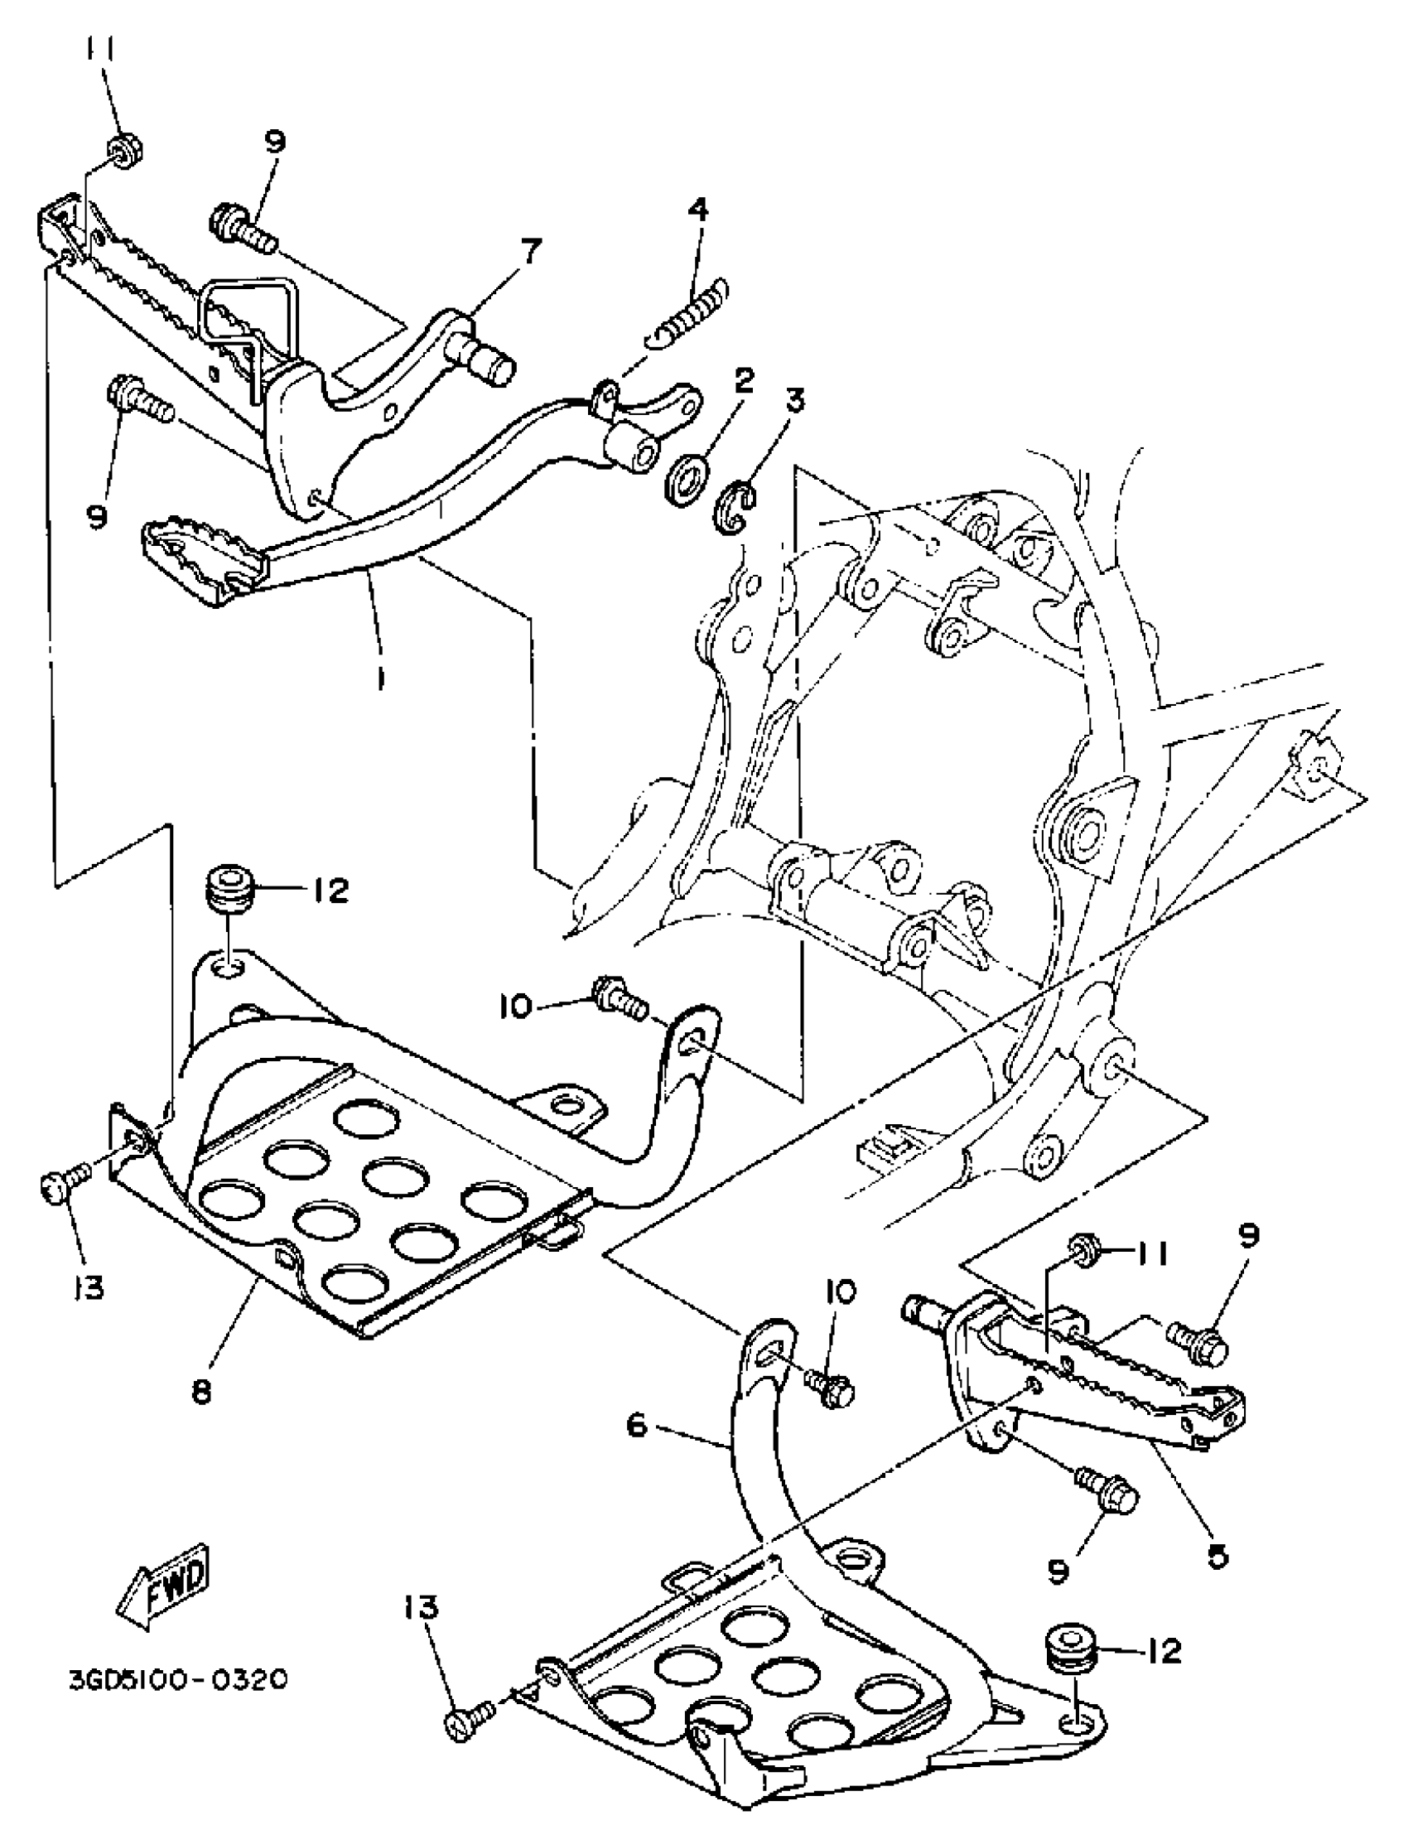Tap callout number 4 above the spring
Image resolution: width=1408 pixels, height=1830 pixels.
coord(697,209)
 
